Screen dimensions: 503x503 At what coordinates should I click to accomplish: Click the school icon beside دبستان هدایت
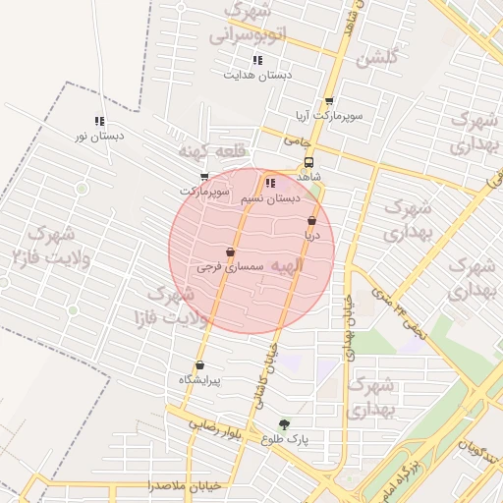pos(257,61)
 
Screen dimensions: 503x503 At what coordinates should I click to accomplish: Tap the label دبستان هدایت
pos(257,75)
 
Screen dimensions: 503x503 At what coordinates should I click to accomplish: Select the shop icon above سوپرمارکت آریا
pos(328,101)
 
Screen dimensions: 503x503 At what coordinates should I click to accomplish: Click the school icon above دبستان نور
pos(99,121)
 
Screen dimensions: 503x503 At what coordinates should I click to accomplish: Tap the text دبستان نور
pos(99,136)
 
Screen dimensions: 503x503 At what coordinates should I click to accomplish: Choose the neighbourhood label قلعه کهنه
pos(205,153)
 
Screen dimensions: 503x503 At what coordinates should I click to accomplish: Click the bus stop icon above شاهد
pos(309,162)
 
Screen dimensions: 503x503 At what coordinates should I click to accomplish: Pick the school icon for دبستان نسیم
pos(271,183)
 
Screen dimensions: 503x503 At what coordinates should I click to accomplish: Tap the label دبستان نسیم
pos(272,197)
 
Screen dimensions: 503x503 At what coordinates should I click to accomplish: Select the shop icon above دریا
pos(311,221)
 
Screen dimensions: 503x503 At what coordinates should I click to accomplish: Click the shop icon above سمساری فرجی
pos(230,251)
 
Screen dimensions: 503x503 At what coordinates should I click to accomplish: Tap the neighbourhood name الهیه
pos(286,265)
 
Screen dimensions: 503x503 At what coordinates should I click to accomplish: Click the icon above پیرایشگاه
pos(199,364)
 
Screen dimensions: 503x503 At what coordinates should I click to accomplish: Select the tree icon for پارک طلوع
pos(285,425)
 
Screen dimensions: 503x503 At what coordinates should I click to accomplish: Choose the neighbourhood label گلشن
pos(378,58)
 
